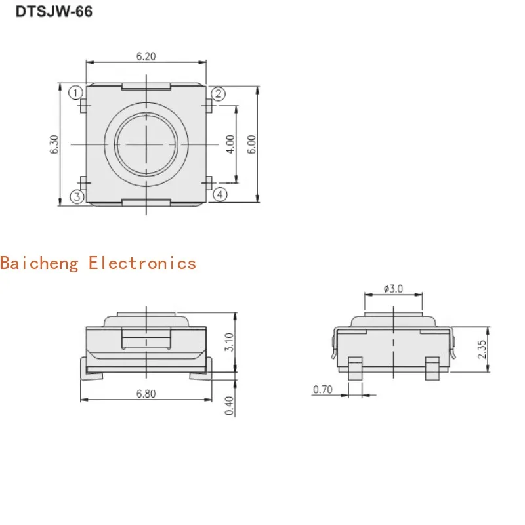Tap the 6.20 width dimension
146,56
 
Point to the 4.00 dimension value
230,144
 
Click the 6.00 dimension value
251,144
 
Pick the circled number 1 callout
76,93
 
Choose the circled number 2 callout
219,94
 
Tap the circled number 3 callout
77,197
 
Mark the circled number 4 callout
219,194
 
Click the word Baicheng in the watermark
39,264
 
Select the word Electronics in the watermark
142,264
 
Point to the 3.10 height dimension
229,342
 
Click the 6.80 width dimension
146,393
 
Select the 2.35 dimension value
482,349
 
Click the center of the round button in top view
146,144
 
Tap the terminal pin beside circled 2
208,106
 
